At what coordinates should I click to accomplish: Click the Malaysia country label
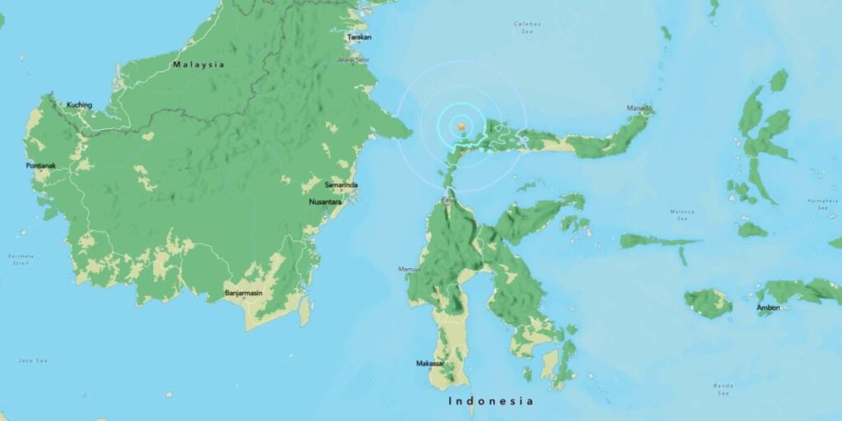198,64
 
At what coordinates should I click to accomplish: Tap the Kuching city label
79,104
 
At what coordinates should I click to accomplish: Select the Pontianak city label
40,166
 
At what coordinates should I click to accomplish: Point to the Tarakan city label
359,37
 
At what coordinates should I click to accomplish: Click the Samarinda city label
341,185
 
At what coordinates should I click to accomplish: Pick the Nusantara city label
326,201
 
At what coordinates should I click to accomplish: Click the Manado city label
640,108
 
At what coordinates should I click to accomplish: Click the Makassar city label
430,363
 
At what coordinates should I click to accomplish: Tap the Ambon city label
769,308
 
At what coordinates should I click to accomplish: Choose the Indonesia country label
491,401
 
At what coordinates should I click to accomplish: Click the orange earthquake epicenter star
461,126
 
